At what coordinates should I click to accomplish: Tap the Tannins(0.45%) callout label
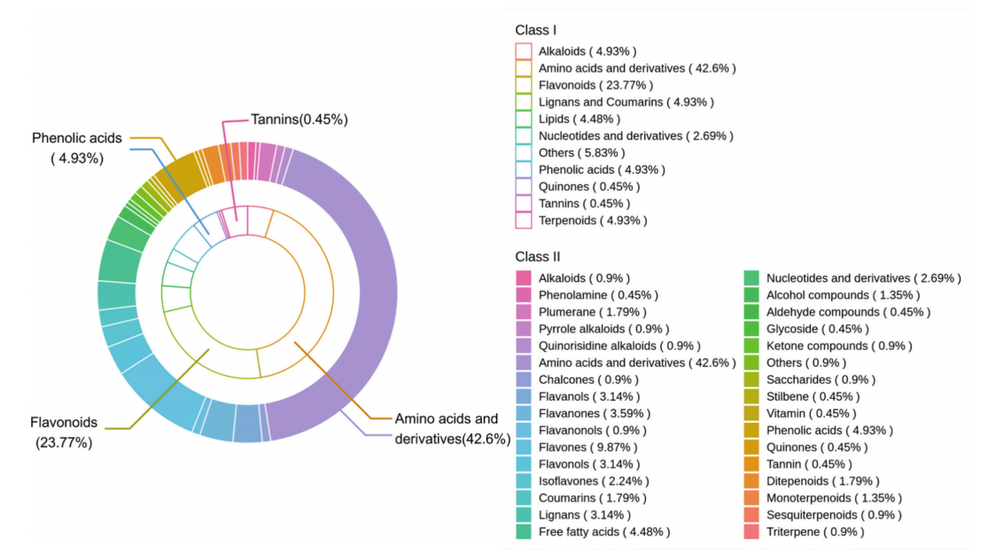pyautogui.click(x=299, y=119)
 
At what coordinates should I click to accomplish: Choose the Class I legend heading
pyautogui.click(x=536, y=30)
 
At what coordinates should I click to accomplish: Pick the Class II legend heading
pyautogui.click(x=538, y=256)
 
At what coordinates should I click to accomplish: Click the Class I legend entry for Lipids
pyautogui.click(x=580, y=119)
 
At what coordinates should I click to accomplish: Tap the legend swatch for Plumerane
pyautogui.click(x=524, y=312)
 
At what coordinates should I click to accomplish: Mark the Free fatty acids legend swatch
pyautogui.click(x=524, y=532)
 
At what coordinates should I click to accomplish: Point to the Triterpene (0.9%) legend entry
pyautogui.click(x=815, y=532)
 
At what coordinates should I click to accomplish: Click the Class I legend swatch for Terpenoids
pyautogui.click(x=524, y=220)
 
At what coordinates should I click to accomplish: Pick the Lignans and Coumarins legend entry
pyautogui.click(x=626, y=102)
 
